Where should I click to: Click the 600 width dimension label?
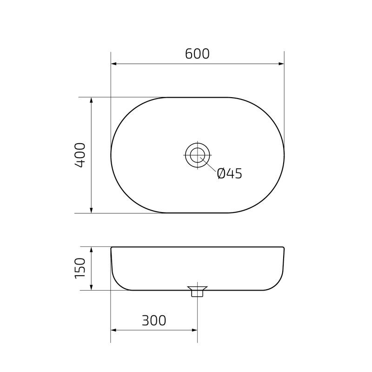(x=197, y=54)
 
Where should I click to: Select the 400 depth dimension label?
(x=80, y=155)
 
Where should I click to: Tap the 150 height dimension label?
(x=80, y=268)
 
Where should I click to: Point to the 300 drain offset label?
(x=153, y=320)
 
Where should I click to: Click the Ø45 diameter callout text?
(x=230, y=173)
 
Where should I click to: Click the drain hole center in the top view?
(x=198, y=155)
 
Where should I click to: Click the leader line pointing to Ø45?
(x=209, y=166)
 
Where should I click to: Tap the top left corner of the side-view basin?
(x=111, y=247)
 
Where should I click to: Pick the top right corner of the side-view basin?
(x=284, y=247)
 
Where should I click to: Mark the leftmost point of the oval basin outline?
(x=111, y=155)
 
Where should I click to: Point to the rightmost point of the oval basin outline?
(x=284, y=155)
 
